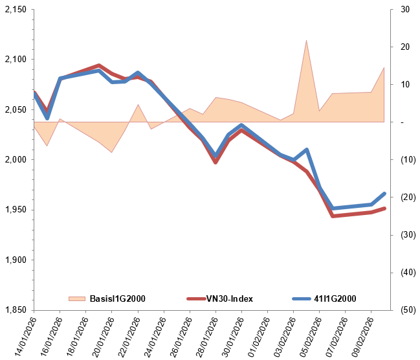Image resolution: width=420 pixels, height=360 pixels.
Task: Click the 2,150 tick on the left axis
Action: [x=14, y=10]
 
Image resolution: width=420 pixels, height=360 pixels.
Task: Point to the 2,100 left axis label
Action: [x=14, y=60]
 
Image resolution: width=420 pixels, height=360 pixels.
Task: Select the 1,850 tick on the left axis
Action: [x=14, y=310]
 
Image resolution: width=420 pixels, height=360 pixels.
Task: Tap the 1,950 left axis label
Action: [x=14, y=210]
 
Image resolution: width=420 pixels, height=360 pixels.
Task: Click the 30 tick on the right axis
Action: [x=405, y=10]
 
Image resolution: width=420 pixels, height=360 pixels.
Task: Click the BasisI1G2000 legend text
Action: [x=117, y=298]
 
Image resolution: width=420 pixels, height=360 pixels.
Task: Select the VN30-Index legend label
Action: [x=229, y=298]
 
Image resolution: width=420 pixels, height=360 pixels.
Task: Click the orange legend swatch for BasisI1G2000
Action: [x=76, y=298]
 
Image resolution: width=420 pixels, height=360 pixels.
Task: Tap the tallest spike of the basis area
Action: [x=306, y=41]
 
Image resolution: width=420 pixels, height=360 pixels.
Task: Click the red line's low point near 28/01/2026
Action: [x=216, y=162]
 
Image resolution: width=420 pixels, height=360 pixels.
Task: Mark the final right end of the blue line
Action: [x=384, y=194]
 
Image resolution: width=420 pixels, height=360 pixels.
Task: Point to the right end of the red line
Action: [x=384, y=208]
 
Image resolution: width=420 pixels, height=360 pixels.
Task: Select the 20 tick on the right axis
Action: [x=405, y=47]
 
